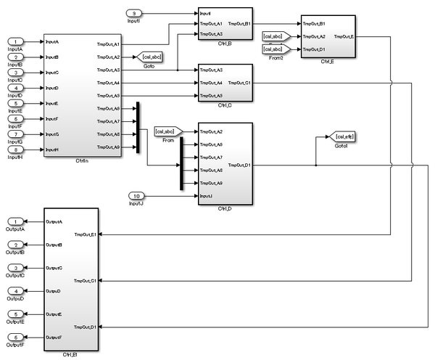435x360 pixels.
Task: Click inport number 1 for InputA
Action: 16,42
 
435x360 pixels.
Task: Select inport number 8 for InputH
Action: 16,150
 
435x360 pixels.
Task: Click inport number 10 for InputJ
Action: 138,196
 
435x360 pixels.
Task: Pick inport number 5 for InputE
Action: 16,103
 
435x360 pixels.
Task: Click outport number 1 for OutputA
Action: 16,221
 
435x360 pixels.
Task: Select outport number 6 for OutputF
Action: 16,337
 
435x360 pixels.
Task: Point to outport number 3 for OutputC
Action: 16,268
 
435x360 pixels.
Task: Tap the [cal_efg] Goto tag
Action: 341,136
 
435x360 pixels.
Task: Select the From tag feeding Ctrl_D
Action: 165,131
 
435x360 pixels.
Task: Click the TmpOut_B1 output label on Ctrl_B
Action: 239,24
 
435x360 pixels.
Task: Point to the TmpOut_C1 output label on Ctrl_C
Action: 239,83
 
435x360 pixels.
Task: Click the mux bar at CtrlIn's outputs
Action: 138,128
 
